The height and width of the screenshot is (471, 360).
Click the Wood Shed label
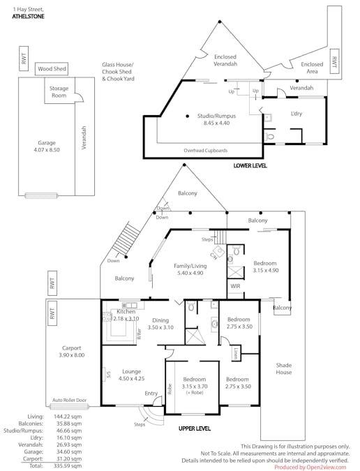[51, 69]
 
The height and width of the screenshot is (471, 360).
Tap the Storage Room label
[59, 92]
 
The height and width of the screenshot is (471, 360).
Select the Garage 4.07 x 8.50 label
[47, 146]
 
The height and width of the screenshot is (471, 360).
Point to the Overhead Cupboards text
[207, 150]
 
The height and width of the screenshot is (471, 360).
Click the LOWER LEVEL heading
[250, 166]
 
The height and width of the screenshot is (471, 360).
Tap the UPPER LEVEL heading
[195, 427]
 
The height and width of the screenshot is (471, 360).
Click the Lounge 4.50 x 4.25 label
[131, 375]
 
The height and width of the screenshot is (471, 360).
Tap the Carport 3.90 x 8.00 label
[71, 351]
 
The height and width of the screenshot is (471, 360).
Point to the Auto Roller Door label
[70, 401]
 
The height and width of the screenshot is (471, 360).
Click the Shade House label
[284, 368]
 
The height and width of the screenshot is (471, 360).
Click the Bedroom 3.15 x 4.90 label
[265, 267]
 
